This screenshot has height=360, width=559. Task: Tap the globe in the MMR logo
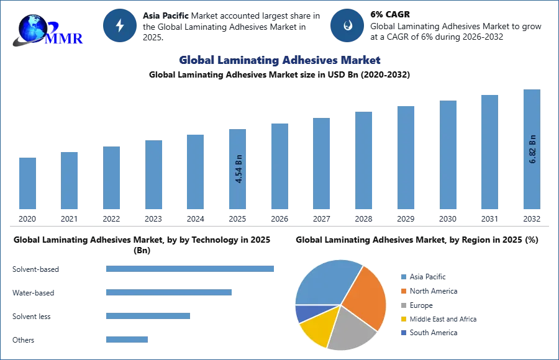point(32,29)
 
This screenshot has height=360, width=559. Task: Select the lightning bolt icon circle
point(120,25)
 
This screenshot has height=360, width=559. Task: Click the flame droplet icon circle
point(347,25)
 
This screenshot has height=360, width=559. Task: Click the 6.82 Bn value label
point(532,149)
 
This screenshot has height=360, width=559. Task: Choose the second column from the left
point(70,181)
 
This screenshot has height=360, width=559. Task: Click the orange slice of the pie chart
point(366,298)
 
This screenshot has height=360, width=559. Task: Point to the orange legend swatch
point(403,292)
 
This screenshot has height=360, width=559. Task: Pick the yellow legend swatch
point(403,318)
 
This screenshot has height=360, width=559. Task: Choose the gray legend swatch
point(403,305)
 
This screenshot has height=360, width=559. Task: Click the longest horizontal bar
point(191,268)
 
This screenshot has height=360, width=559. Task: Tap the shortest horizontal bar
point(127,338)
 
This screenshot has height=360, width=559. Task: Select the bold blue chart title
point(280,60)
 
